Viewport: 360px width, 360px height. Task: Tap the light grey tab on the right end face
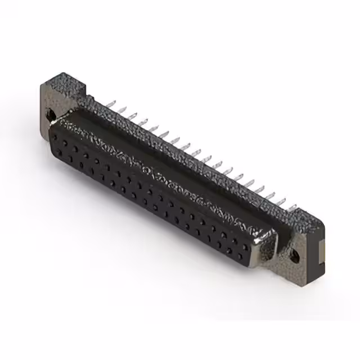point(319,248)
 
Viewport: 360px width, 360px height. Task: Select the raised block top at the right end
point(310,217)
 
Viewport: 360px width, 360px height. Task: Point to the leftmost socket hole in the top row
point(64,134)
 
